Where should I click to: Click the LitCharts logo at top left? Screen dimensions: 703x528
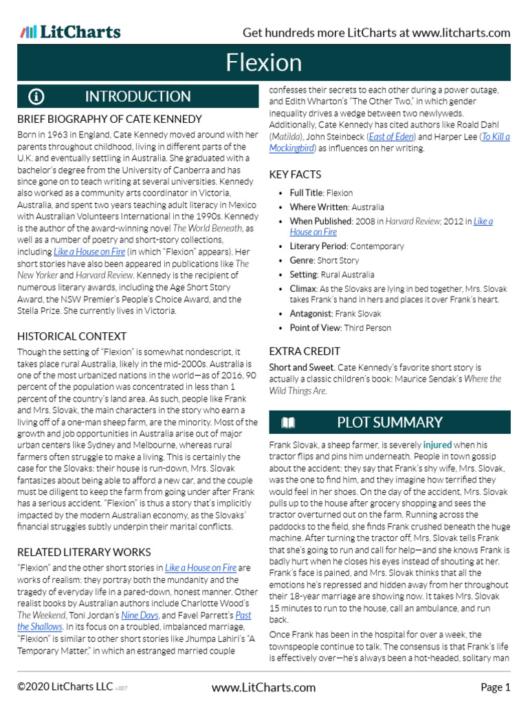pyautogui.click(x=70, y=32)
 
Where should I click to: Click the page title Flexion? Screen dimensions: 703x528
pyautogui.click(x=264, y=63)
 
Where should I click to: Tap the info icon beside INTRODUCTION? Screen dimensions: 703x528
pyautogui.click(x=36, y=97)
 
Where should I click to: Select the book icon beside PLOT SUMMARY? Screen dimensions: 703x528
pyautogui.click(x=289, y=422)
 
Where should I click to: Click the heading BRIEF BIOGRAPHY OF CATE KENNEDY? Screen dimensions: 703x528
pyautogui.click(x=109, y=119)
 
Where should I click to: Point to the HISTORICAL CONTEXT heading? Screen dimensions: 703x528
pyautogui.click(x=71, y=336)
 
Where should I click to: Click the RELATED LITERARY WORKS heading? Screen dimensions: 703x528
pyautogui.click(x=84, y=552)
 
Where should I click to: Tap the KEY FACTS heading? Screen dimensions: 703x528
pyautogui.click(x=295, y=174)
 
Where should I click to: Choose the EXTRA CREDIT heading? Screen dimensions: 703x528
pyautogui.click(x=300, y=351)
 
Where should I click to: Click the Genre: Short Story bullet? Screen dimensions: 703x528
pyautogui.click(x=324, y=260)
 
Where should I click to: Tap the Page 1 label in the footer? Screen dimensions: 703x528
pyautogui.click(x=495, y=687)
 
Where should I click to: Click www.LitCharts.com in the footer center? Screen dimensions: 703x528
pyautogui.click(x=263, y=687)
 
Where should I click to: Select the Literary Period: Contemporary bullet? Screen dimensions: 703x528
pyautogui.click(x=346, y=246)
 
